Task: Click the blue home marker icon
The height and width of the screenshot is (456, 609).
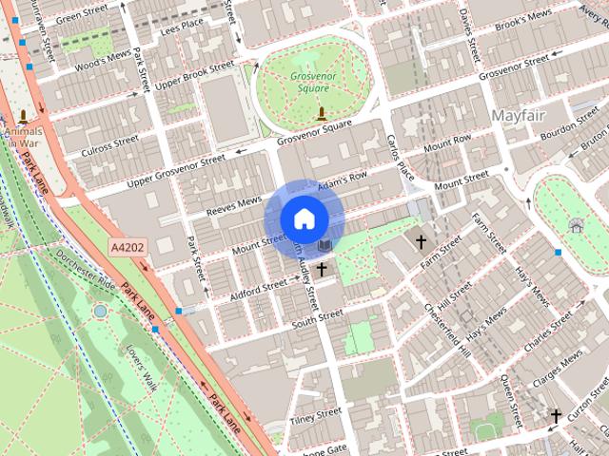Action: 304,218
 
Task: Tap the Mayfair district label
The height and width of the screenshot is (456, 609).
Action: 521,115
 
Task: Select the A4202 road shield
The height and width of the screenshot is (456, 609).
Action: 128,247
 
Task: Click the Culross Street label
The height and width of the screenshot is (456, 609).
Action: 110,146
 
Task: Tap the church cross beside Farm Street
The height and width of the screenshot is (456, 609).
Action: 421,241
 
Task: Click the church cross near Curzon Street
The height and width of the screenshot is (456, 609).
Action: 556,415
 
